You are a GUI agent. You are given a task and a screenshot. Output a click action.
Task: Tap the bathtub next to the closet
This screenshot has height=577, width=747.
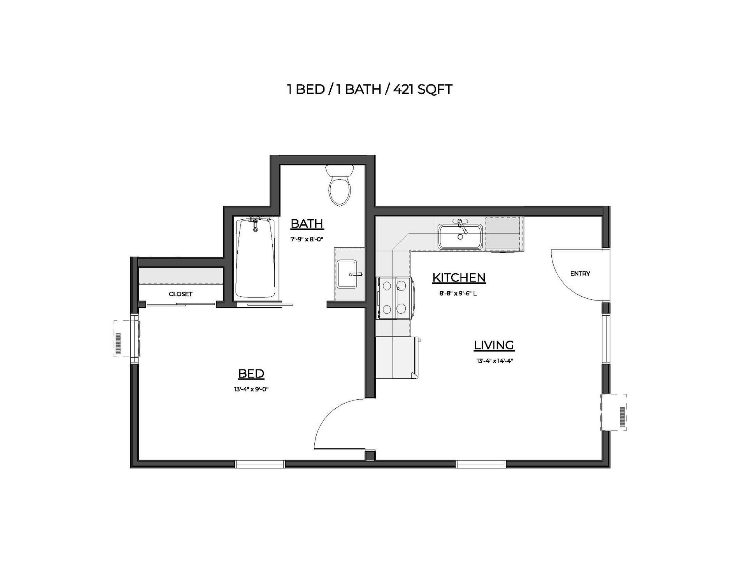(256, 259)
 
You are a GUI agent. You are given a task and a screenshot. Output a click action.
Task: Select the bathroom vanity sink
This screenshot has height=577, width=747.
(347, 274)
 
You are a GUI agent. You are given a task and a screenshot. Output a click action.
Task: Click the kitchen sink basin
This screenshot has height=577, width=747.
(460, 236)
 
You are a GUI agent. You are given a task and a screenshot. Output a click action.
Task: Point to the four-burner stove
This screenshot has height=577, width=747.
(395, 298)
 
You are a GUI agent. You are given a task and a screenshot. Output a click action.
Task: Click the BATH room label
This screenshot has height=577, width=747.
(307, 224)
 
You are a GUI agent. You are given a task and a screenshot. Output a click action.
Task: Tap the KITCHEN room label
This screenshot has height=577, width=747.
(459, 278)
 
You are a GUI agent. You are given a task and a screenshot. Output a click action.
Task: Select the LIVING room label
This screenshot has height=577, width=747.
(494, 345)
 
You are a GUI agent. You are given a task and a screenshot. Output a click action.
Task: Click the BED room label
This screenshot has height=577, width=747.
(251, 374)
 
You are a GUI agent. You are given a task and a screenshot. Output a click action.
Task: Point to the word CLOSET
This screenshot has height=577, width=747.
(181, 294)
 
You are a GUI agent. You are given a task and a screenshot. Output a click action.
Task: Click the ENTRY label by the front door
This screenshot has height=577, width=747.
(580, 274)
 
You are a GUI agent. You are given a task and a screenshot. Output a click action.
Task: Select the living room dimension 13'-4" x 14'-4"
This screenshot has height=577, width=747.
(495, 361)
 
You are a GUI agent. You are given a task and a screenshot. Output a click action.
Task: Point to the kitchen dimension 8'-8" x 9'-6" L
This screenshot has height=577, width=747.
(458, 294)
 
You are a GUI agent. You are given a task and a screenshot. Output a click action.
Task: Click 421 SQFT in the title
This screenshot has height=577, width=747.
(423, 90)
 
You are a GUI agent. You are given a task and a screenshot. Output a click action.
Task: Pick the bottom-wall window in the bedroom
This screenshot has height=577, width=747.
(260, 463)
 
